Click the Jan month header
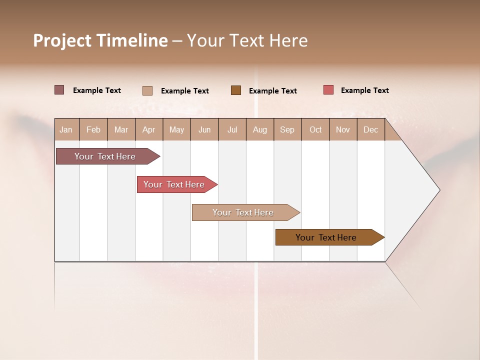[66, 130]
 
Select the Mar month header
[121, 130]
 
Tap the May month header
[176, 130]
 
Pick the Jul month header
[232, 130]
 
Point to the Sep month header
[287, 130]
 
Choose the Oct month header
[315, 130]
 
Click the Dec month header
[371, 130]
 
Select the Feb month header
[93, 130]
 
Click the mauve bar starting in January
[105, 156]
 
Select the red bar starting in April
[174, 184]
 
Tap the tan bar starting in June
[243, 212]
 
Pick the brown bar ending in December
[326, 237]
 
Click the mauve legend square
[59, 90]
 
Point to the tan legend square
[147, 90]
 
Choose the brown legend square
[236, 90]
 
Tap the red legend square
[328, 90]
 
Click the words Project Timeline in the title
[100, 40]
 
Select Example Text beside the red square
[364, 90]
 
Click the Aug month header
[260, 130]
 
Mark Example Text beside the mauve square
[96, 90]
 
